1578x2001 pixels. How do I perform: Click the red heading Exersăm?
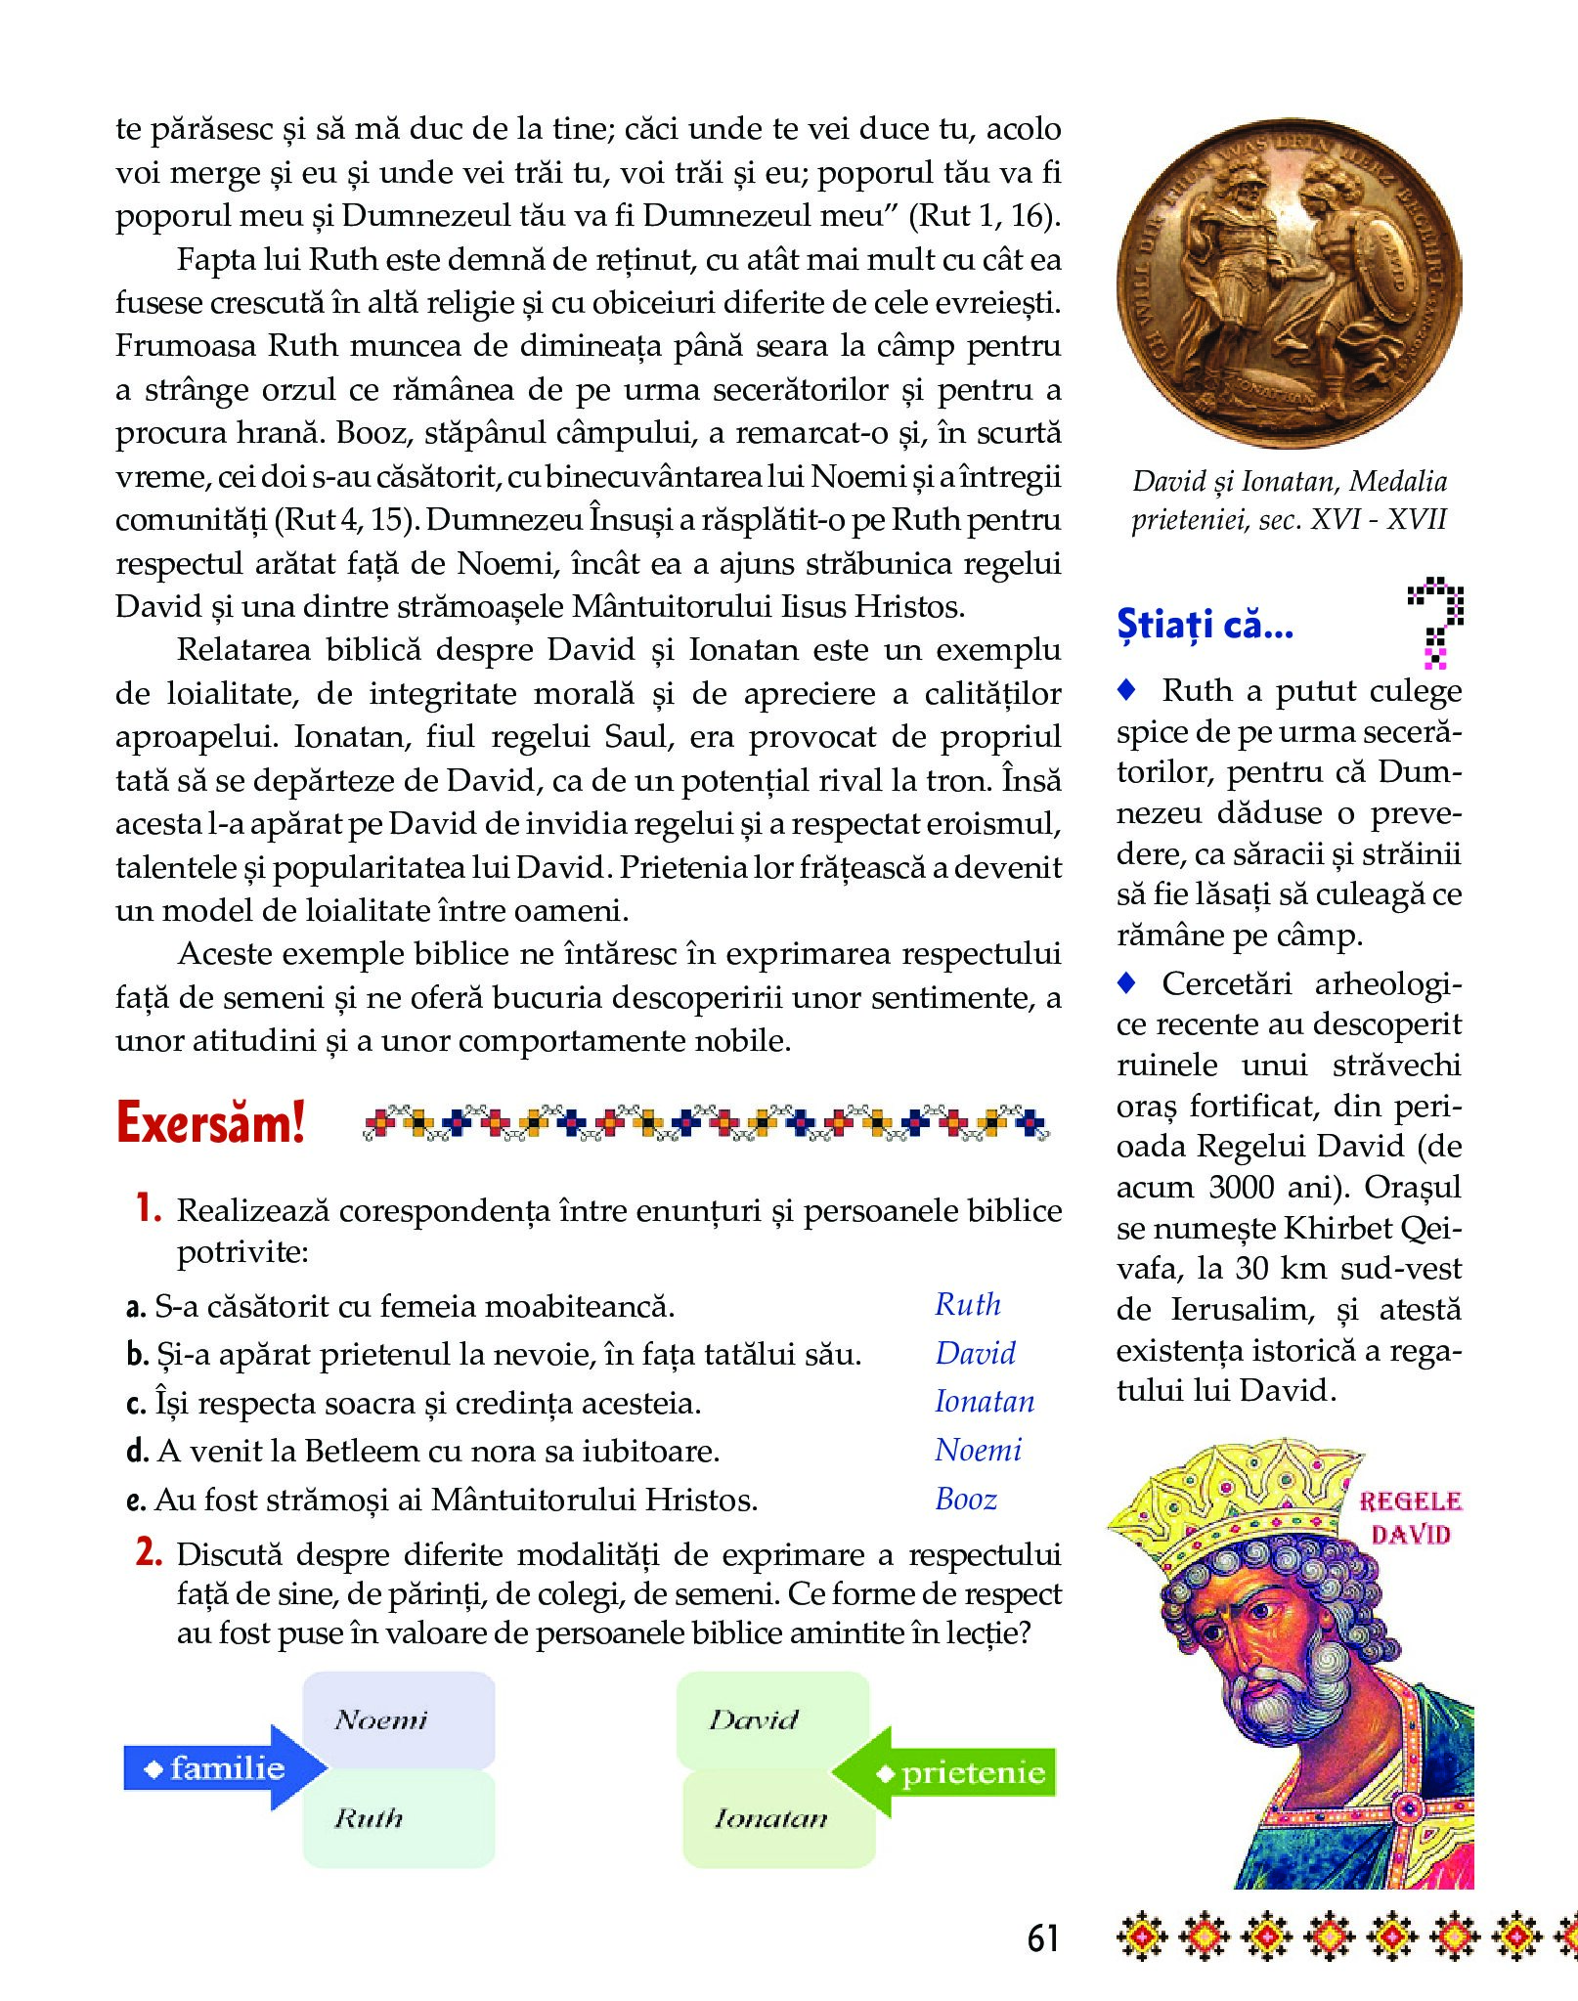click(x=210, y=1122)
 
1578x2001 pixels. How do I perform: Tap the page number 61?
click(x=1042, y=1937)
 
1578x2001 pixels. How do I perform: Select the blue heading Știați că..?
click(x=1205, y=624)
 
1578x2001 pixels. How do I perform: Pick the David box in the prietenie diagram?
click(x=772, y=1719)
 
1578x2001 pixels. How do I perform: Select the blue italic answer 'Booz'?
click(x=966, y=1499)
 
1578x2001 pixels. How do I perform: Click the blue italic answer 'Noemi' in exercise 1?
click(x=978, y=1450)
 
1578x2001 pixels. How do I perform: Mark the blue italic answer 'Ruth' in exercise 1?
click(x=968, y=1304)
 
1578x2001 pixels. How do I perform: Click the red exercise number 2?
click(x=149, y=1551)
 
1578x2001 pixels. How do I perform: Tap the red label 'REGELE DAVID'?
click(x=1410, y=1517)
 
